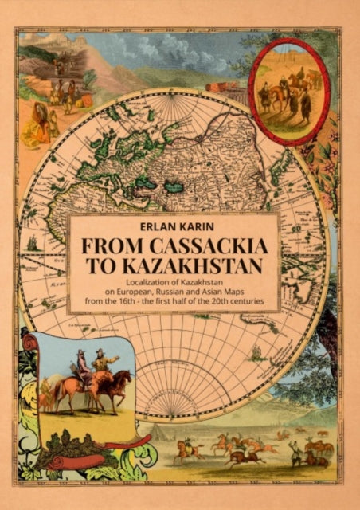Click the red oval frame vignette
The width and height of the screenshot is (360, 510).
click(289, 92)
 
